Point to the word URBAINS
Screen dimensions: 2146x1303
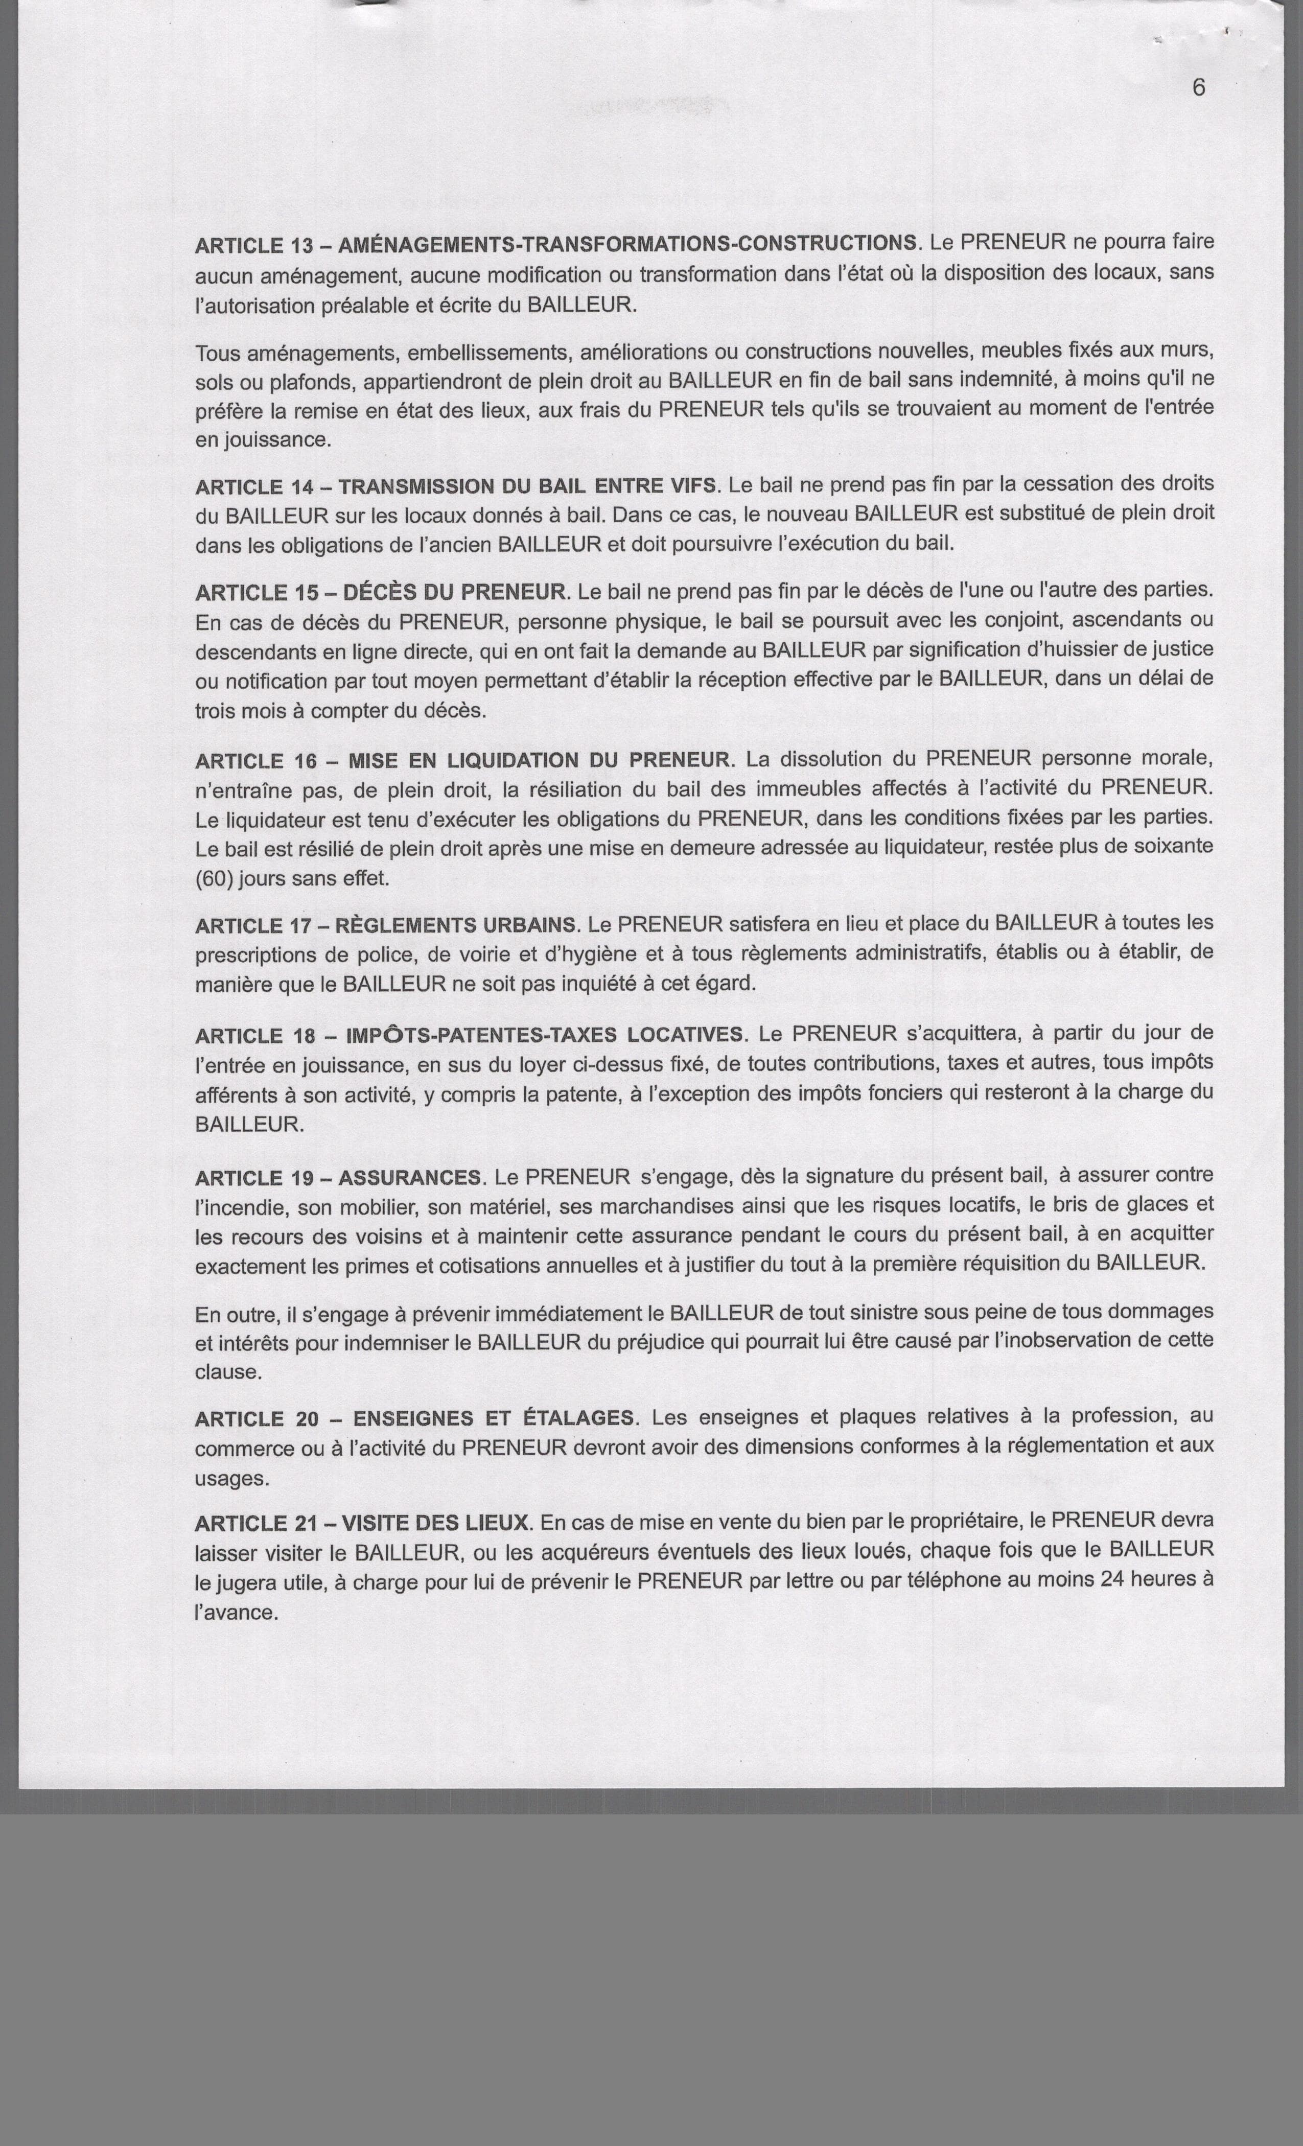pos(525,924)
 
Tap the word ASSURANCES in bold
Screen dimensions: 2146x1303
pos(409,1178)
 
